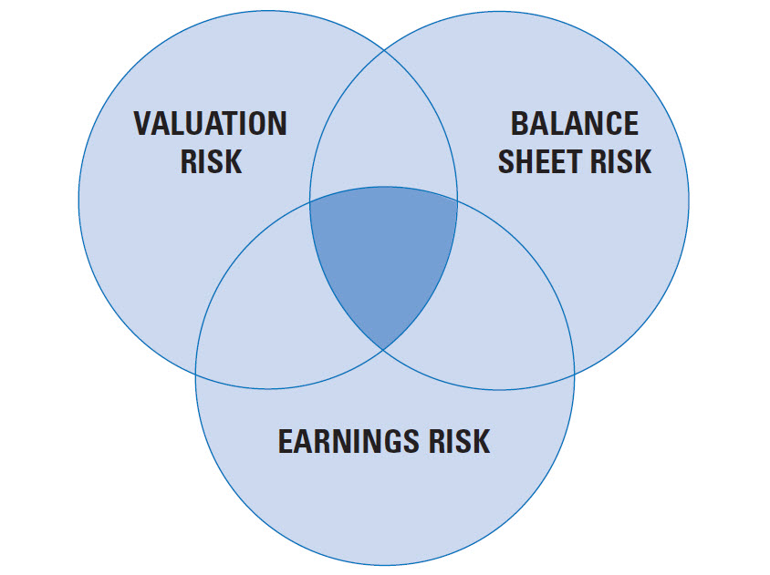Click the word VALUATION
[x=210, y=123]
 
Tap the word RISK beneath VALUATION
[x=211, y=161]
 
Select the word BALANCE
[x=575, y=123]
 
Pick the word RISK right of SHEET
[x=620, y=161]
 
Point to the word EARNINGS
[x=349, y=441]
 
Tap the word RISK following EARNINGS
[x=460, y=441]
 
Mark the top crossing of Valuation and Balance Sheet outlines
[x=384, y=49]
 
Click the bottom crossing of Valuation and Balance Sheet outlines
[x=383, y=350]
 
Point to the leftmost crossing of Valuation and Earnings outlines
[x=195, y=374]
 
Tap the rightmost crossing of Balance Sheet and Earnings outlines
[x=574, y=375]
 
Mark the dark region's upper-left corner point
[x=309, y=200]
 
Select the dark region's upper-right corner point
[x=458, y=200]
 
